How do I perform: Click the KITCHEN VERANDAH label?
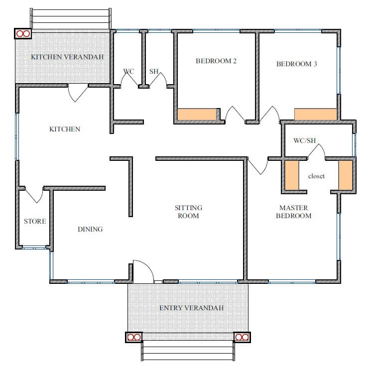(67, 57)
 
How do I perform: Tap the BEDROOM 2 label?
(216, 61)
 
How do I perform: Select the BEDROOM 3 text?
(297, 64)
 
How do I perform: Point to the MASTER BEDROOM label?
(294, 212)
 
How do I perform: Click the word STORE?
(35, 221)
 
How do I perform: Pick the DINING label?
(90, 229)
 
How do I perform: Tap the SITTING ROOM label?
(188, 212)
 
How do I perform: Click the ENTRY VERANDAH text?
(191, 308)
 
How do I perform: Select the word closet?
(316, 176)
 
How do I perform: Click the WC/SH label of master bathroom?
(305, 140)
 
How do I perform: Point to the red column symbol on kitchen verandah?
(23, 34)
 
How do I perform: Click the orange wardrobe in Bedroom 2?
(197, 115)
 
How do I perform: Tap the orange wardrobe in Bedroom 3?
(316, 115)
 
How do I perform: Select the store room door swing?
(35, 196)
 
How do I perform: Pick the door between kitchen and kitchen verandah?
(77, 93)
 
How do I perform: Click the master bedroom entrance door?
(258, 167)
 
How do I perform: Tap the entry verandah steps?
(188, 351)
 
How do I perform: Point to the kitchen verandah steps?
(71, 19)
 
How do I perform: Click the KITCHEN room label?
(65, 129)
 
